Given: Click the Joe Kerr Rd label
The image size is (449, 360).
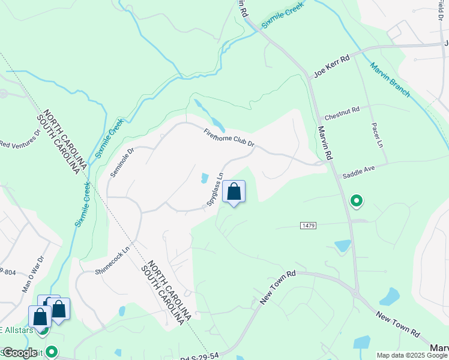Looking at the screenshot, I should tap(331, 67).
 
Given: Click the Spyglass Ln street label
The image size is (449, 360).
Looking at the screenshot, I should tap(215, 190).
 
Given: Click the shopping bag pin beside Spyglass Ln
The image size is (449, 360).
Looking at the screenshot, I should tap(234, 193).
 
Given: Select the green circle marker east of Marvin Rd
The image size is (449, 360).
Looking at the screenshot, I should tap(357, 201).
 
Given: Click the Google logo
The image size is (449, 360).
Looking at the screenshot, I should tap(20, 353).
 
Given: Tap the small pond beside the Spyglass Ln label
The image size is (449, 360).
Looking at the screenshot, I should tap(205, 178).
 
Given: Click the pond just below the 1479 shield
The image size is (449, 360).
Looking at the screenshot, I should tap(343, 245).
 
